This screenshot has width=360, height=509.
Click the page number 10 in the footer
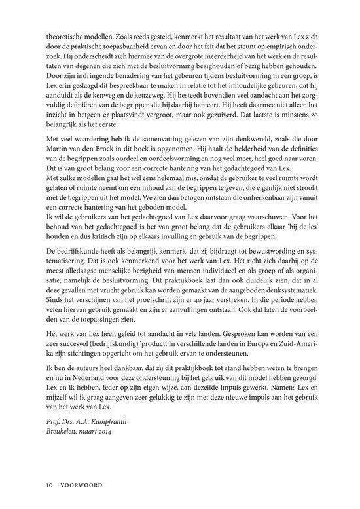(x=48, y=485)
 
